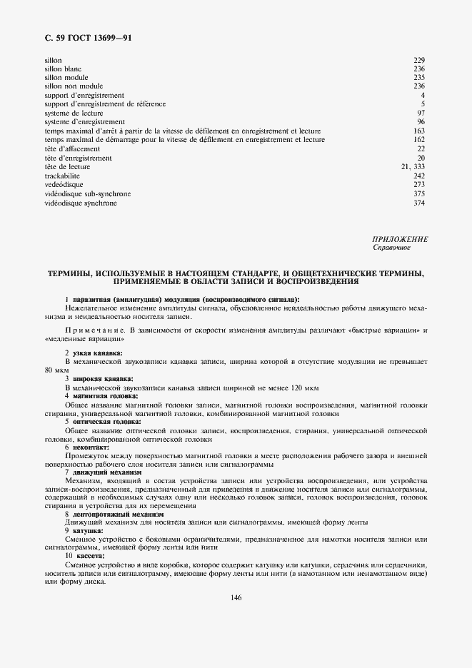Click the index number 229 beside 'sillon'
(419, 60)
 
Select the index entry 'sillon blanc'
(63, 69)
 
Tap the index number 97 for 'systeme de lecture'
(421, 113)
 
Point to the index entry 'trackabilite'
(62, 176)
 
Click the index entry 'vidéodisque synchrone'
(81, 203)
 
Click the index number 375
(419, 194)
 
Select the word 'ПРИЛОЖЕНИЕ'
(400, 240)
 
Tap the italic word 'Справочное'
(392, 248)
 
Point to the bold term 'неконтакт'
(91, 447)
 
